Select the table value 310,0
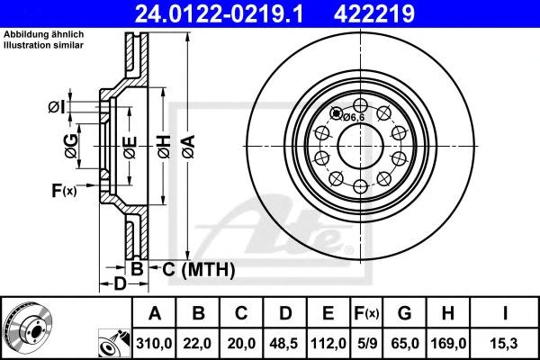(153, 342)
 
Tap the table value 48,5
(285, 342)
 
